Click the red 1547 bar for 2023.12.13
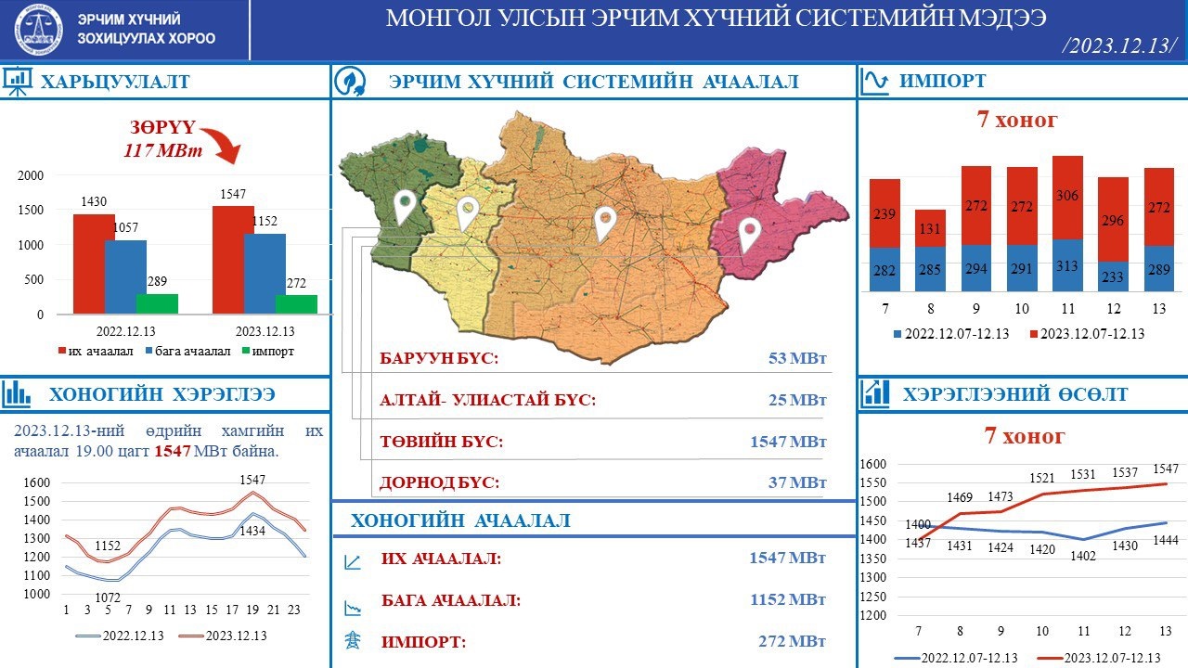(x=233, y=260)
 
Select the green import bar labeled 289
(x=157, y=303)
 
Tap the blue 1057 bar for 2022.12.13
(x=125, y=276)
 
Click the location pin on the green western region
(x=404, y=206)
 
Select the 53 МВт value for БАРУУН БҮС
(x=796, y=359)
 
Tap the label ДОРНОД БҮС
(x=439, y=482)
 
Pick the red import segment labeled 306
(x=1067, y=197)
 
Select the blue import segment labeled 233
(x=1113, y=276)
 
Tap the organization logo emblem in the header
(x=40, y=31)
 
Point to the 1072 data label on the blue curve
(x=109, y=597)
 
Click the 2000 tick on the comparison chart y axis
(x=31, y=175)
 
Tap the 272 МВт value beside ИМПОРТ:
(x=792, y=641)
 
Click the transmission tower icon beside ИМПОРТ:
(x=353, y=641)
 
